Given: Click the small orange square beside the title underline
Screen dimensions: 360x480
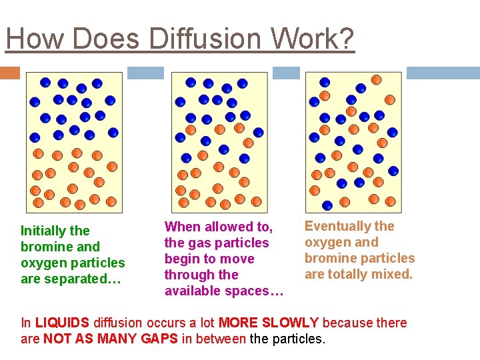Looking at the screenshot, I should (x=10, y=73).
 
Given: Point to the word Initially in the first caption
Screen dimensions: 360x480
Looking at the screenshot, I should (x=46, y=231).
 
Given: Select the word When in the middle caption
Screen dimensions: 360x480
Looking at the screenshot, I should (x=183, y=227).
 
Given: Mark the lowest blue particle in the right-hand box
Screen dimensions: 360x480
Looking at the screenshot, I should (x=327, y=205).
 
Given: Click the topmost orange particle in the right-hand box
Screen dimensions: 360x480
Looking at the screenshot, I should (x=376, y=80).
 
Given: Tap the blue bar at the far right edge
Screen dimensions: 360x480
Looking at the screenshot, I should (x=443, y=73).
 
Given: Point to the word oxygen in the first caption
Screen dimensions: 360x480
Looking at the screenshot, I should (x=41, y=263).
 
